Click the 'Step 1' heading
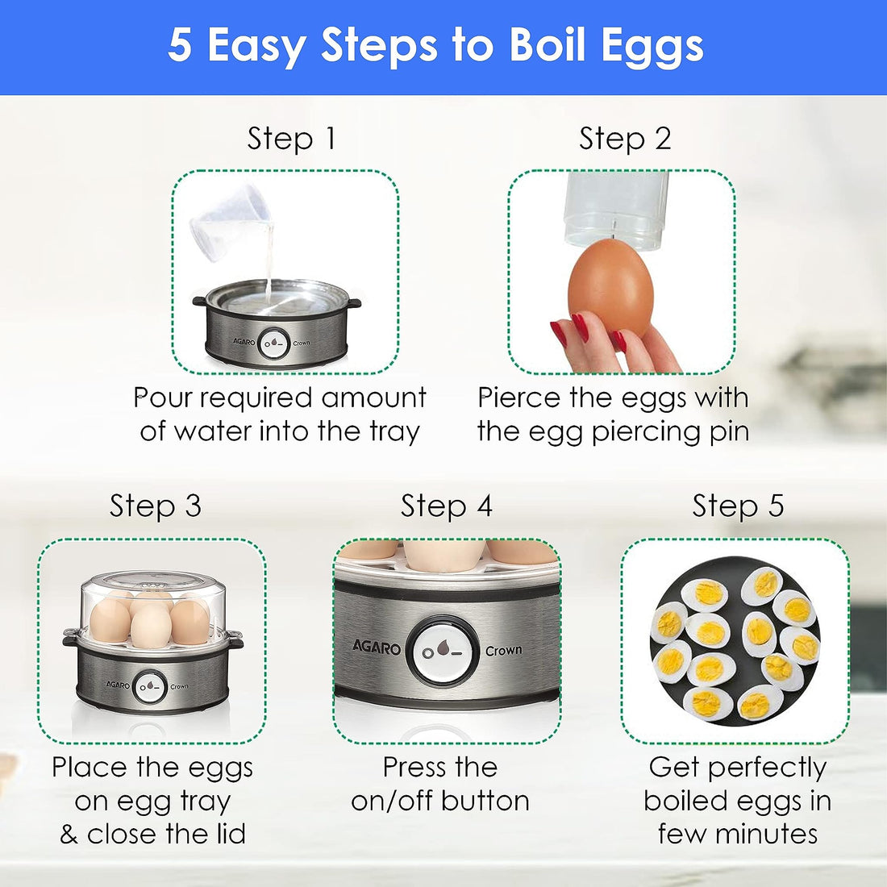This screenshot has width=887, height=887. [x=291, y=139]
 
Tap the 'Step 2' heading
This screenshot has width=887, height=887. [x=625, y=139]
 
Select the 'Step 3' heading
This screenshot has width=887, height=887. [x=156, y=506]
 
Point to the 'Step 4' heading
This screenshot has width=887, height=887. [x=447, y=506]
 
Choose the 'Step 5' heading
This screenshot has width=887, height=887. [x=738, y=506]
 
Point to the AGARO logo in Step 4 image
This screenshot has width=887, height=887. [x=377, y=648]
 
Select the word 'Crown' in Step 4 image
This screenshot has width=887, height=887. [x=503, y=650]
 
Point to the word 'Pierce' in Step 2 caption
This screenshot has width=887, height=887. [x=520, y=398]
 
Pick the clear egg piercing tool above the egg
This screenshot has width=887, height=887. [x=616, y=208]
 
